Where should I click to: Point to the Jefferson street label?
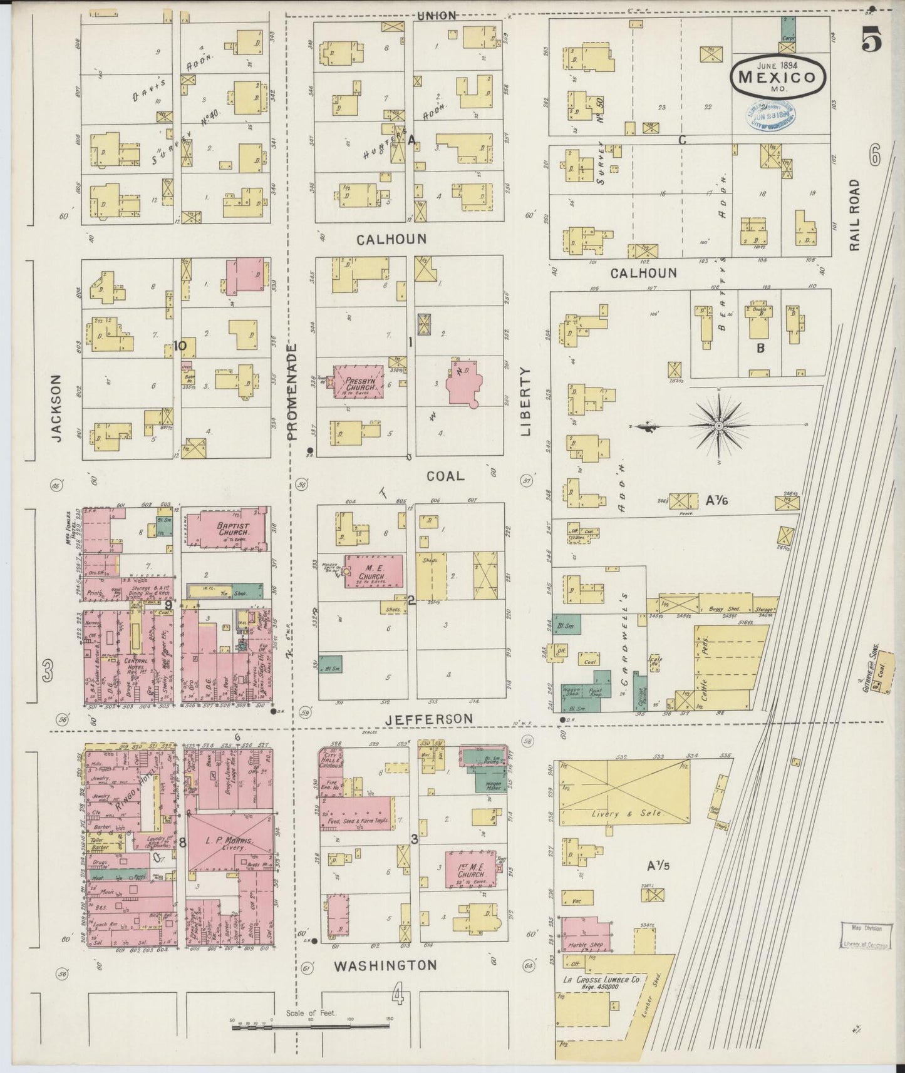coord(428,719)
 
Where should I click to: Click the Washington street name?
coord(385,965)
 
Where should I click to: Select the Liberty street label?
coord(525,401)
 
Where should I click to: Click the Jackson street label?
coord(57,408)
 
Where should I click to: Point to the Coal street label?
coord(445,476)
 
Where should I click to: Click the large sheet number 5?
coord(872,41)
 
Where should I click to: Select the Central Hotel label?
coord(135,665)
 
